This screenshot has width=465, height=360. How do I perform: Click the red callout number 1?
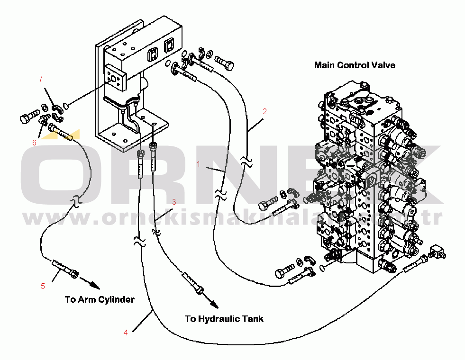tap(200, 164)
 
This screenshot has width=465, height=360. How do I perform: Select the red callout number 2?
tap(265, 112)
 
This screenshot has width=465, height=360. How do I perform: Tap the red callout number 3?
tap(174, 202)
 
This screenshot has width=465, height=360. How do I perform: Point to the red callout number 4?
tap(126, 333)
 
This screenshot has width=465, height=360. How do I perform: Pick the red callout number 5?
tap(43, 286)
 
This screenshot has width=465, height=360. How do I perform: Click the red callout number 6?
tap(34, 142)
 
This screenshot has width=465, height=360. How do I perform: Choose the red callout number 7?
tap(41, 78)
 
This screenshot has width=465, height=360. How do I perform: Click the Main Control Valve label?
tap(355, 65)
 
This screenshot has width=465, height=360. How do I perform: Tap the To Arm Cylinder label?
tap(100, 299)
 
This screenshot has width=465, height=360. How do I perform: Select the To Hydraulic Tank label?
tap(224, 319)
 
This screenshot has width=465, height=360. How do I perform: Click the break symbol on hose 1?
tap(219, 194)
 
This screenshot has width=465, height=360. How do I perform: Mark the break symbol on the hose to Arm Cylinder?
tap(74, 202)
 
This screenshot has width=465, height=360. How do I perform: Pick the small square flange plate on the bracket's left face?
tap(115, 76)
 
